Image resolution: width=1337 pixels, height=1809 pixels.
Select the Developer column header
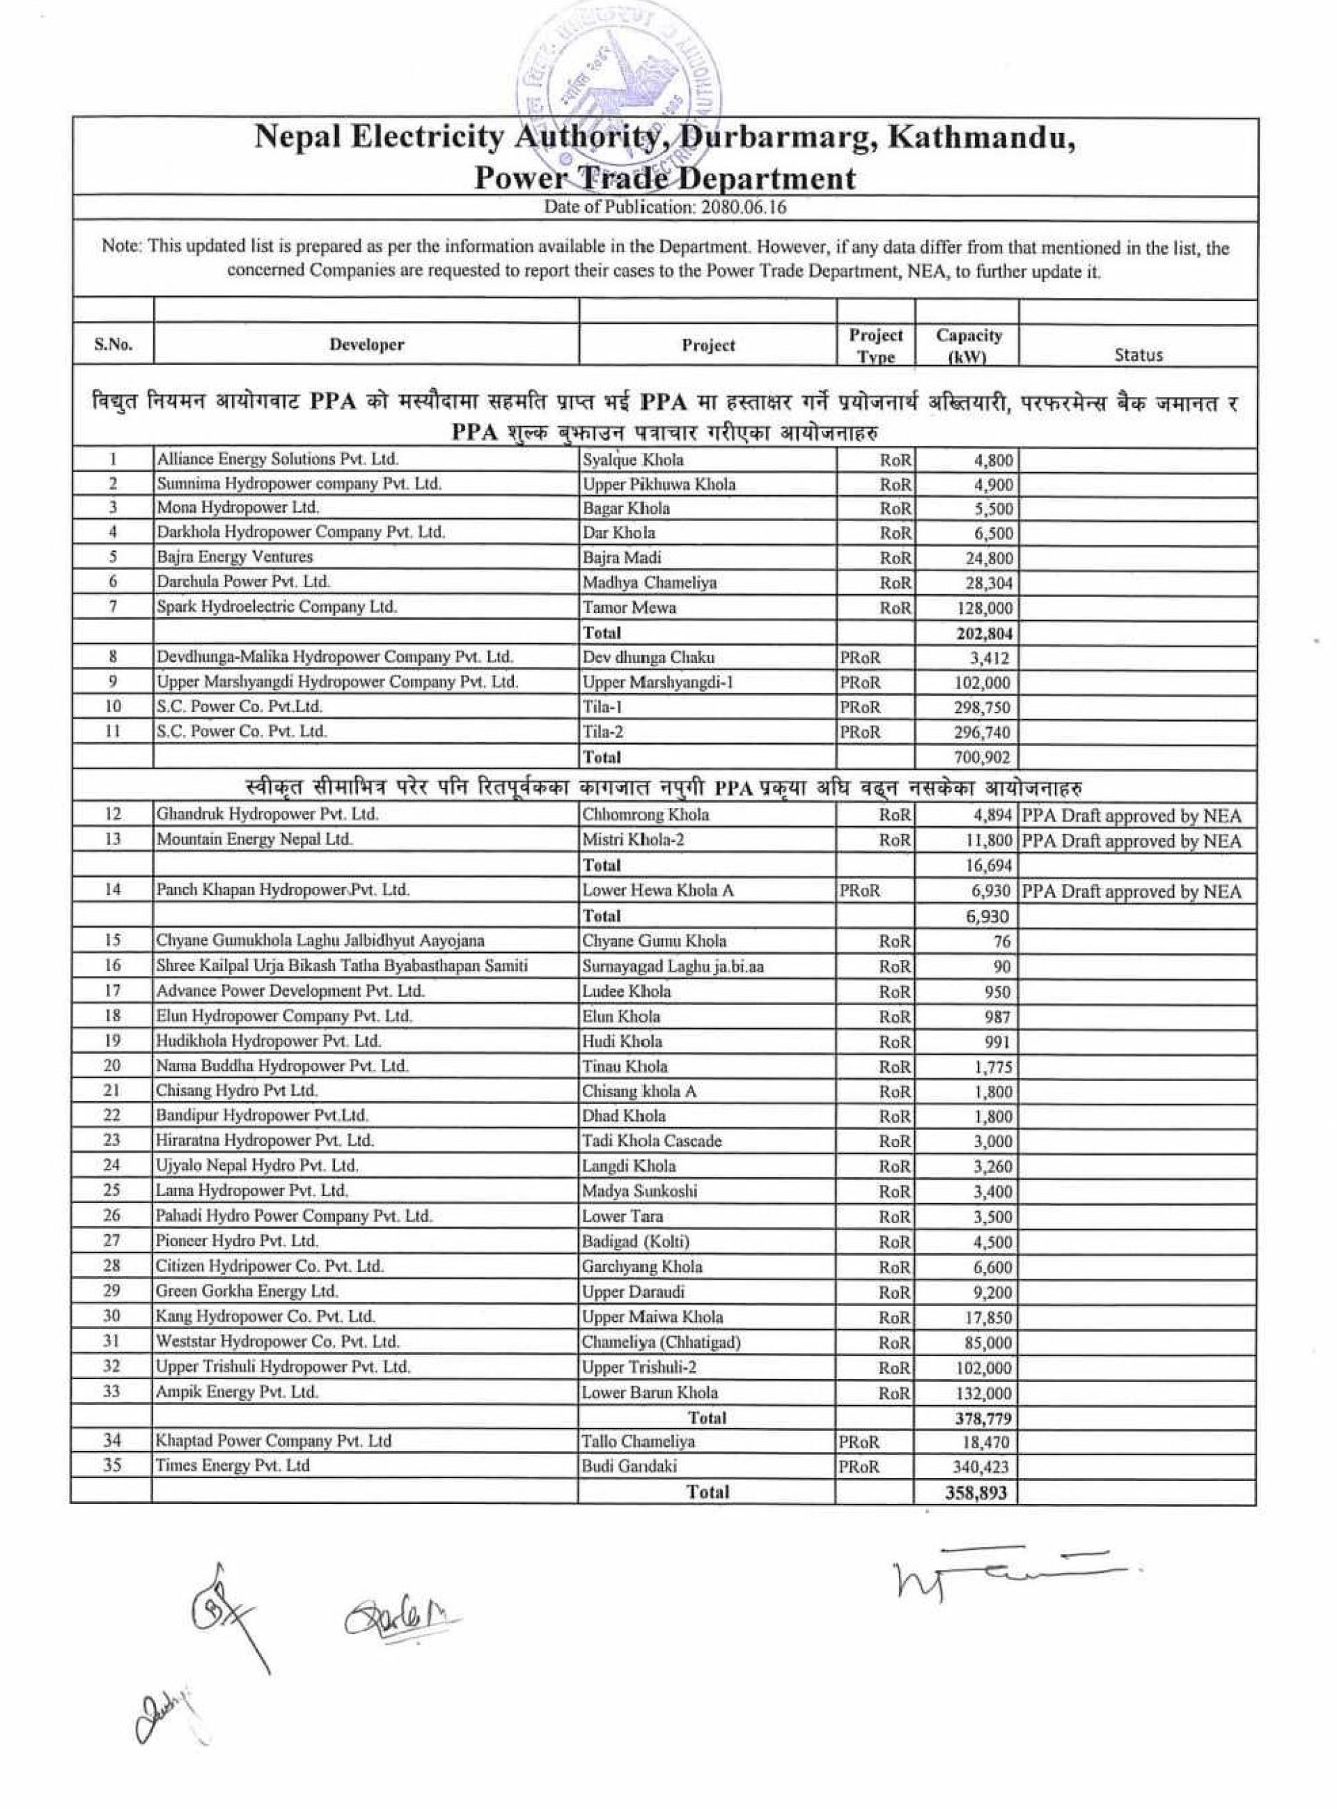(366, 345)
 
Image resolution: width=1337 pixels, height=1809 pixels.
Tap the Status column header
(1138, 355)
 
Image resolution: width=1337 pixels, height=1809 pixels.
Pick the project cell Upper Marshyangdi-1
(658, 683)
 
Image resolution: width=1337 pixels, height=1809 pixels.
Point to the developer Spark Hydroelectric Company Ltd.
(276, 607)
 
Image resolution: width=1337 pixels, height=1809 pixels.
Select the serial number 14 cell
(113, 890)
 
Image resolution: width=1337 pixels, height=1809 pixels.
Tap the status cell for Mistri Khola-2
(1132, 841)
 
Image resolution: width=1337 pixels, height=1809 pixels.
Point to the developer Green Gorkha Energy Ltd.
(248, 1291)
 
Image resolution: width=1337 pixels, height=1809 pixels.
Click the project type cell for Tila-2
(859, 733)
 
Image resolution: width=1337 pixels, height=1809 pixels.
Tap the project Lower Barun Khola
(650, 1392)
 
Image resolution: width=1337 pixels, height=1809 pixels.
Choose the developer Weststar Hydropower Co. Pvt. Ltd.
(278, 1341)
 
